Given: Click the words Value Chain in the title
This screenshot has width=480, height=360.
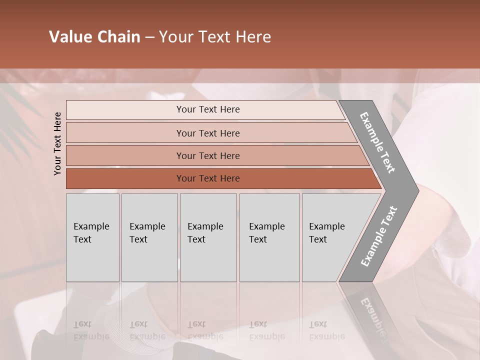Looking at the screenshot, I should pos(94,37).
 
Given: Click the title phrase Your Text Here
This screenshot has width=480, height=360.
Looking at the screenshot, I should pos(215,37).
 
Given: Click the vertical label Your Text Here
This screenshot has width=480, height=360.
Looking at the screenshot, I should pos(57,143).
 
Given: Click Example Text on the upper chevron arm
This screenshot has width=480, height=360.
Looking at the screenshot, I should pos(377,142).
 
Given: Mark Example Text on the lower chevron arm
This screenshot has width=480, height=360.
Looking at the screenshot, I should pos(379,236).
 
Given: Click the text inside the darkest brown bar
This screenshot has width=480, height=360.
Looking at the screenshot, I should pos(208,178).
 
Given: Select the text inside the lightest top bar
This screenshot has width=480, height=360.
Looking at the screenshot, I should pos(208,109).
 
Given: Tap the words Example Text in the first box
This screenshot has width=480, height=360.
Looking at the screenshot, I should pos(91,232).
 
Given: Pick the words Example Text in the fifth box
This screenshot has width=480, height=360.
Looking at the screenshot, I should pos(326,232).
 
